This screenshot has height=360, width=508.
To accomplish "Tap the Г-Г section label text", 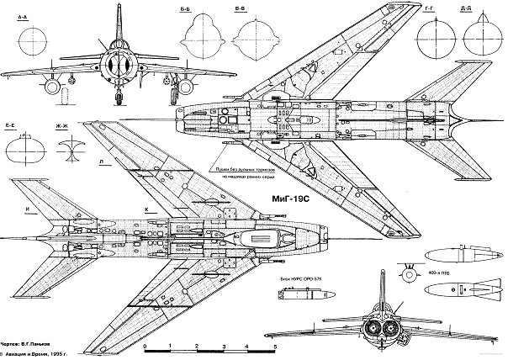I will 431,8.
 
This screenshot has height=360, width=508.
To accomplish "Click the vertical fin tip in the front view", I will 117,12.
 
